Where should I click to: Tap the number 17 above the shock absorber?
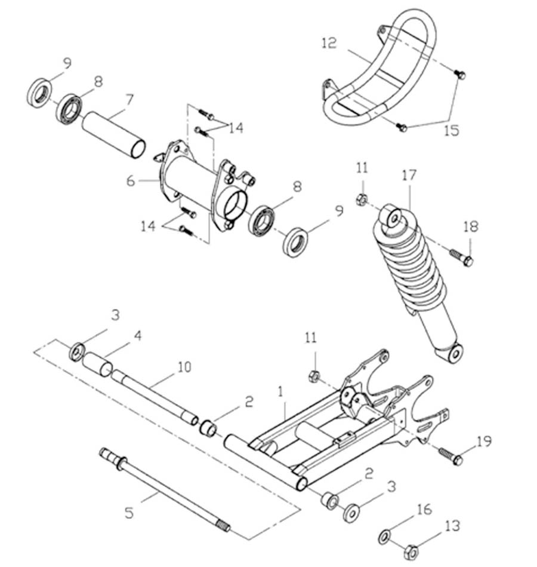(x=409, y=175)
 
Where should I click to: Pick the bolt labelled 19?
(x=450, y=456)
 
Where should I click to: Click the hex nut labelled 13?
(x=410, y=551)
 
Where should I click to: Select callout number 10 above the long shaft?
(x=184, y=366)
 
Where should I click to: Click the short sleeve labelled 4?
(x=97, y=363)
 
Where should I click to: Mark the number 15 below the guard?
(x=452, y=130)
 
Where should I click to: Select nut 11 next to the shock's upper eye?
(x=361, y=200)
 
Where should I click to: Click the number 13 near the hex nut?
(x=453, y=525)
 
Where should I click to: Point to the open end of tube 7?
(x=138, y=148)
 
